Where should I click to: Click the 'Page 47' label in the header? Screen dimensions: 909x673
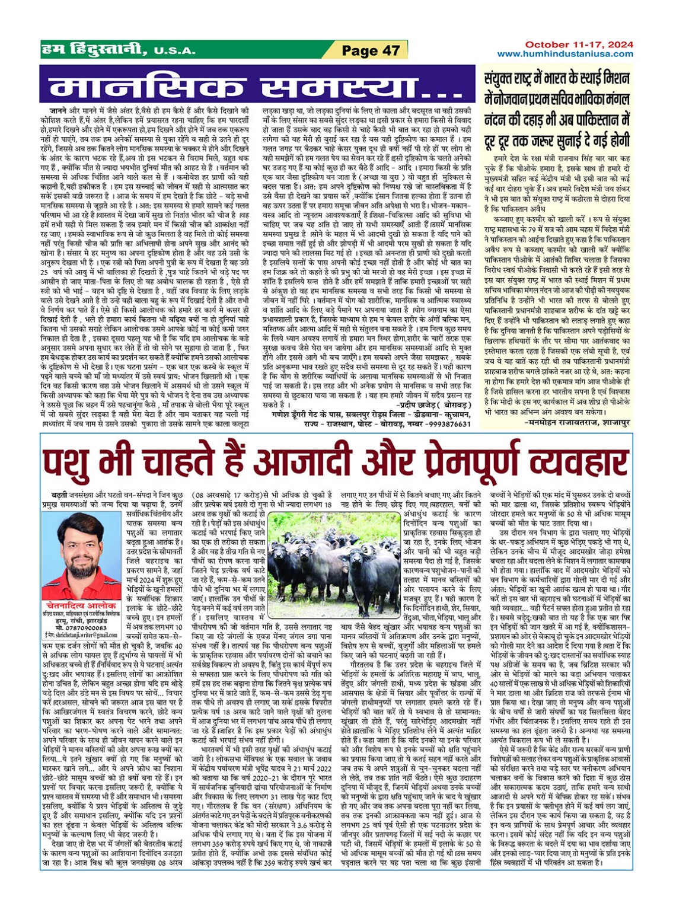[371, 51]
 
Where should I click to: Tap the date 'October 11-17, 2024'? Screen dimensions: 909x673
[579, 44]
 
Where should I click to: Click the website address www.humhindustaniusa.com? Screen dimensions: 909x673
[564, 53]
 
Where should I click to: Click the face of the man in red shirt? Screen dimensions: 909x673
[81, 541]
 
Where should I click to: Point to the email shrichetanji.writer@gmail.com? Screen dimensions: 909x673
[83, 635]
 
